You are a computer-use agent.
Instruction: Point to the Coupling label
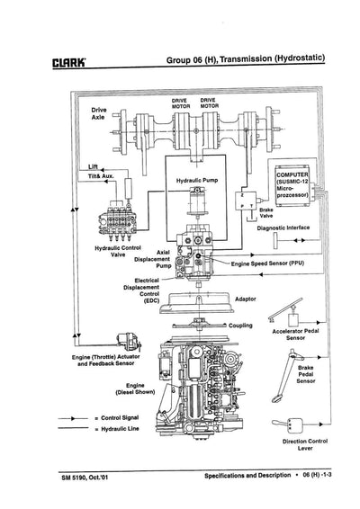(x=245, y=326)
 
